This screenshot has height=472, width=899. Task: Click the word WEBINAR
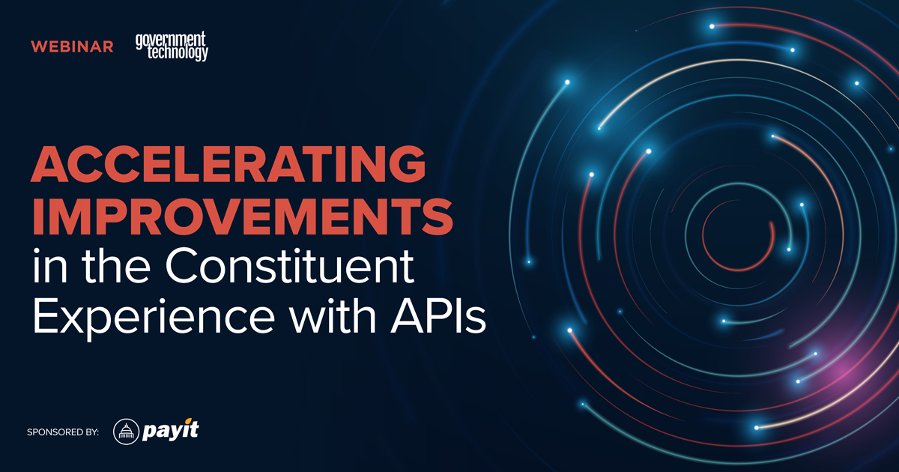click(72, 46)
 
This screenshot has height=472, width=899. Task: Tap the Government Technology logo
click(172, 46)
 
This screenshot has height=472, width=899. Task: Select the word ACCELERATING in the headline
click(223, 163)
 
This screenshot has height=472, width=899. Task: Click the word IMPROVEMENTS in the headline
click(241, 215)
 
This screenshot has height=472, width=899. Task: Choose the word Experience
click(143, 318)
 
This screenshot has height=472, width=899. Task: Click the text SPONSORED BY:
click(63, 432)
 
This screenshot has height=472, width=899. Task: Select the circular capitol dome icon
click(127, 432)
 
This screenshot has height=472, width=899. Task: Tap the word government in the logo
click(170, 39)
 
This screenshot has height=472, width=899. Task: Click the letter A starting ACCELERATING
click(49, 163)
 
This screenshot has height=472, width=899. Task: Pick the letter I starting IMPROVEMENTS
click(37, 215)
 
